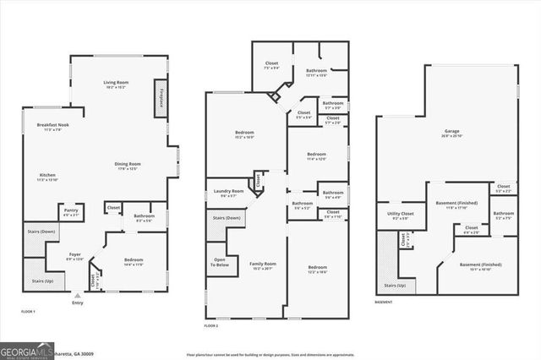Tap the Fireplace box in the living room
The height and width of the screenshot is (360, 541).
160,99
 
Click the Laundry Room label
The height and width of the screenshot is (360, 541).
228,191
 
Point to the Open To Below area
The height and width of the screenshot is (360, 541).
219,263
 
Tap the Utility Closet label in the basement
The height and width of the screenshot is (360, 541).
401,215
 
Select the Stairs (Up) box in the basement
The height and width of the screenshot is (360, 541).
393,286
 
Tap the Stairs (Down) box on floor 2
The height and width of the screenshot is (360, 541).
223,218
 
